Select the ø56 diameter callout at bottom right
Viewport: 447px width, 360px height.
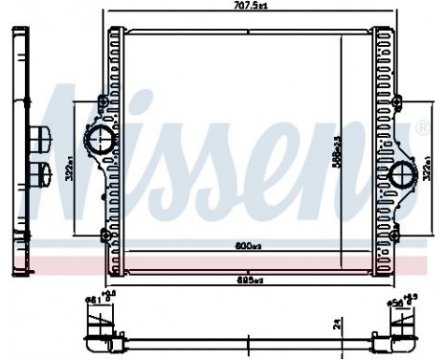pyautogui.click(x=397, y=301)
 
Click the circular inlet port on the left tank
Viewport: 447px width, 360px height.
pyautogui.click(x=100, y=144)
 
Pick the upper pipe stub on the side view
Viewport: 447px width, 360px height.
pyautogui.click(x=42, y=139)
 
